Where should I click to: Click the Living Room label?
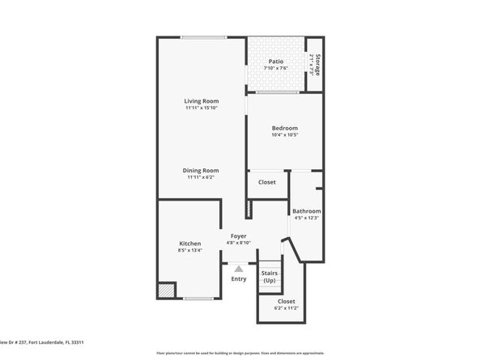[201, 101]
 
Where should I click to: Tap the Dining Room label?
[201, 171]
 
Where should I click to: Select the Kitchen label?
[189, 244]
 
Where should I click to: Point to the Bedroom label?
[284, 128]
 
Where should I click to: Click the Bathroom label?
[306, 211]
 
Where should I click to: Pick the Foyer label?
[238, 235]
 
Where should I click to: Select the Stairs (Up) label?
[270, 277]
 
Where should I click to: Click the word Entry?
[238, 279]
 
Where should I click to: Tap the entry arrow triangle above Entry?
[238, 269]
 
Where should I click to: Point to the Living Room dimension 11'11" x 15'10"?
[201, 108]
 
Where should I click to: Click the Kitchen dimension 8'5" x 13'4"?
[189, 251]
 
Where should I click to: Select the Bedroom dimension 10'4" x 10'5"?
[284, 135]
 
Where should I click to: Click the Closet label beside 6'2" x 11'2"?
[286, 302]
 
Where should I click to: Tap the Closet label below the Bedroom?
[266, 182]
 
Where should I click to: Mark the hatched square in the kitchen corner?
[166, 289]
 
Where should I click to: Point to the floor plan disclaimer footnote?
[240, 354]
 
